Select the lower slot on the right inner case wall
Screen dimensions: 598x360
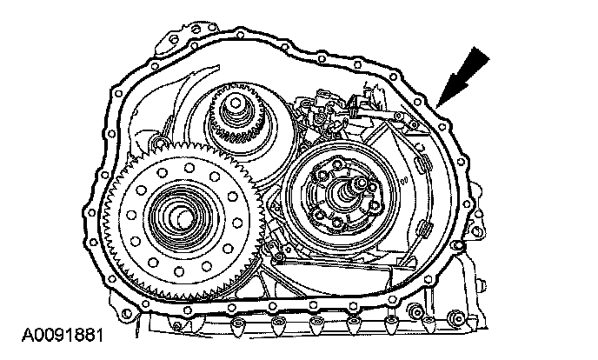tap(422, 229)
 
